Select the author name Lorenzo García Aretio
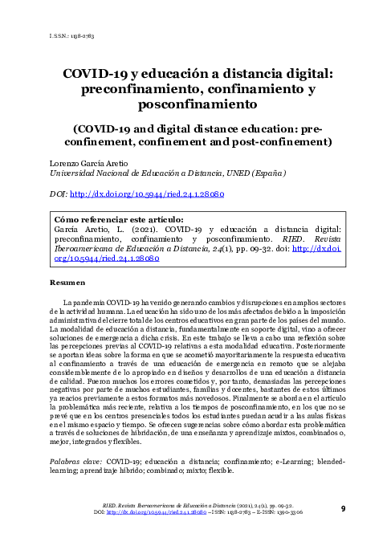point(91,163)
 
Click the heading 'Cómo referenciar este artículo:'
point(117,218)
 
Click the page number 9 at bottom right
point(343,507)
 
